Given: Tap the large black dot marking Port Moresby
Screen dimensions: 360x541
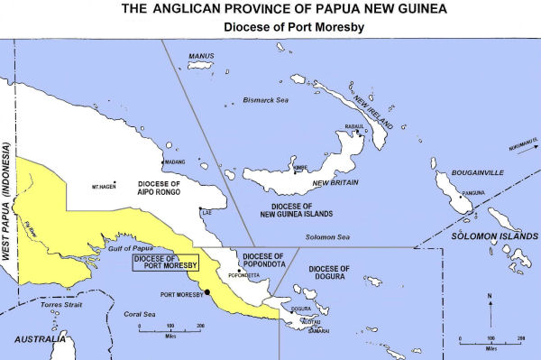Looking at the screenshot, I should pos(206,291).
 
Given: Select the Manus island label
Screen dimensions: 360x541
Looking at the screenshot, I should pos(198,56).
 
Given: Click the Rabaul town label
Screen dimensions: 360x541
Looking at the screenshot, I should pos(354,126).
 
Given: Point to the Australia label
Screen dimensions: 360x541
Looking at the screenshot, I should pos(32,340).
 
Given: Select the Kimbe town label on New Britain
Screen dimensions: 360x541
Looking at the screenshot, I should pos(299,167).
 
